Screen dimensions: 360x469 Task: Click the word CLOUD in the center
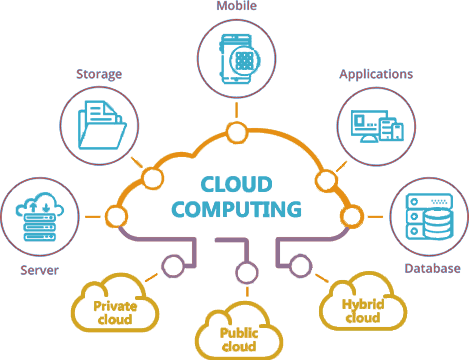(237, 184)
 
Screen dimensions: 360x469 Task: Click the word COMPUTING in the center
(237, 210)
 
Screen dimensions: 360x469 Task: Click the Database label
(432, 268)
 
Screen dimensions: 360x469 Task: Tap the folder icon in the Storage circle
(101, 124)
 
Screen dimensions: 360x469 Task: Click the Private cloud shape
(115, 305)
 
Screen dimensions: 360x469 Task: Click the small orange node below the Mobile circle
(237, 133)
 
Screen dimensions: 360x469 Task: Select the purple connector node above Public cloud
(239, 271)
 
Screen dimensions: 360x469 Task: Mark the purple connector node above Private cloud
(173, 266)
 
